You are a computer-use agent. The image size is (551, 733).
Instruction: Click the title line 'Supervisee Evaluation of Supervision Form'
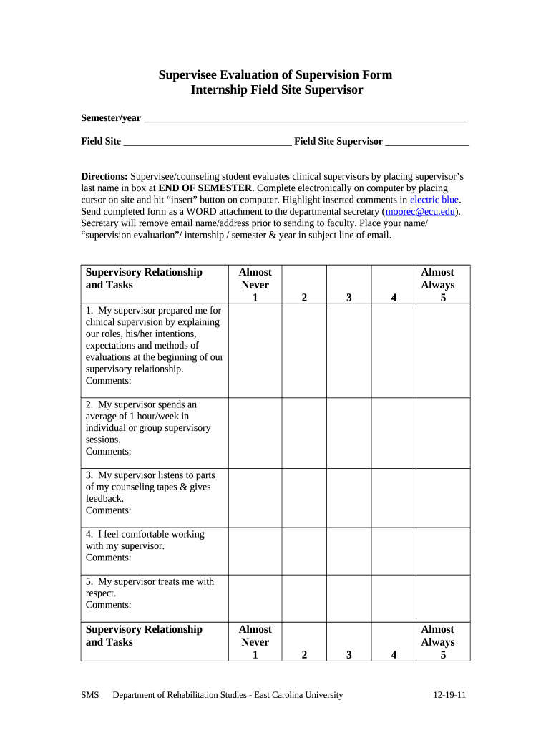275,75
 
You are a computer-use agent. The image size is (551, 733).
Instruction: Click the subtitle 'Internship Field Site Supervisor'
276,90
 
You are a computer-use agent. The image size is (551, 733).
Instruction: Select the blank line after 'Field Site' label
208,142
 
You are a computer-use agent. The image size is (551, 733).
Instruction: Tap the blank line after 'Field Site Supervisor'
426,142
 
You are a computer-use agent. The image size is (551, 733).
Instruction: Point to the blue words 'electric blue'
434,200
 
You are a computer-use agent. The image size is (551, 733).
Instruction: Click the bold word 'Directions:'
104,177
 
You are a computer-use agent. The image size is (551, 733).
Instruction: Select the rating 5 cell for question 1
443,350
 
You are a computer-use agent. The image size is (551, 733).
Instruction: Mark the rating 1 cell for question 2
255,432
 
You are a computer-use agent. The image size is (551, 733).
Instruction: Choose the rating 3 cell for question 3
348,497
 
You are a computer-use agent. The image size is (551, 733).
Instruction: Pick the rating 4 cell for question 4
393,550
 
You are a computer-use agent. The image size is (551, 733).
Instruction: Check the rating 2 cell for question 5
304,598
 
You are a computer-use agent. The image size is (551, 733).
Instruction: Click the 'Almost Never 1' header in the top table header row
255,284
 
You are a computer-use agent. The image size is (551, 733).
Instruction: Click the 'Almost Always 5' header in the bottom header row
437,641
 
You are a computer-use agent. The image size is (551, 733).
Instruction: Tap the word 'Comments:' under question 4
109,558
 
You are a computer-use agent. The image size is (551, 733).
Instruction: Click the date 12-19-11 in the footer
449,695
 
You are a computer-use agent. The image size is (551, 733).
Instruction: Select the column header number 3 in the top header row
348,297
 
